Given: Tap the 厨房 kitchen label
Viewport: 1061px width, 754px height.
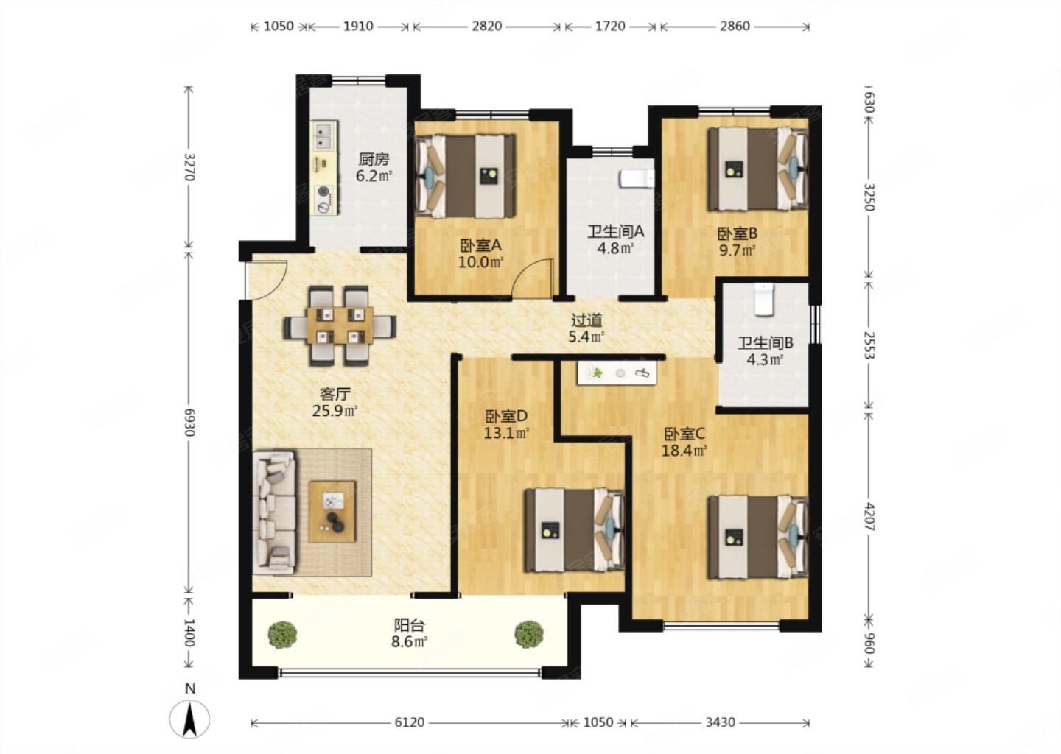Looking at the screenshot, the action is point(374,160).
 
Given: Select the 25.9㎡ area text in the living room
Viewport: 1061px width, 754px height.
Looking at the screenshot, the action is point(335,410).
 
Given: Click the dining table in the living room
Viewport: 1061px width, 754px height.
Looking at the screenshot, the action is point(340,325).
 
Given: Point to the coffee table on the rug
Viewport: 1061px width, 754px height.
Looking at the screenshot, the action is point(332,511).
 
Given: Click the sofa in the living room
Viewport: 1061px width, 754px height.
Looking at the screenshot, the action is point(274,512).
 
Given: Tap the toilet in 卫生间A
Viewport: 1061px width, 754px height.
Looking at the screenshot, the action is point(637,180).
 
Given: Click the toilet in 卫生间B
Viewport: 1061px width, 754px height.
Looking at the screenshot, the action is point(763,300).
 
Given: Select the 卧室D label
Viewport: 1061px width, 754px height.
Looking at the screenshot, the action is point(506,416).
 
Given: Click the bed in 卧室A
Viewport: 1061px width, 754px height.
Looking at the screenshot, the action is point(465,177).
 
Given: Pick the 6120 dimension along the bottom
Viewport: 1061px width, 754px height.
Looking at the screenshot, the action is point(409,722).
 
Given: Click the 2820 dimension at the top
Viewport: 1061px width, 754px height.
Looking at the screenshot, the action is point(486,26).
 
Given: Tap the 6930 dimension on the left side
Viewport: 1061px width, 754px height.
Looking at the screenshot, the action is point(189,422).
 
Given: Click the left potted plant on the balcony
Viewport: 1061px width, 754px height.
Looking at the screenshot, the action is point(282,633).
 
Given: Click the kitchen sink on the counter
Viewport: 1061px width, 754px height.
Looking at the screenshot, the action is point(324,135).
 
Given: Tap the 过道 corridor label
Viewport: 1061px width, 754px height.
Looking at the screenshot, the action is point(586,320).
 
